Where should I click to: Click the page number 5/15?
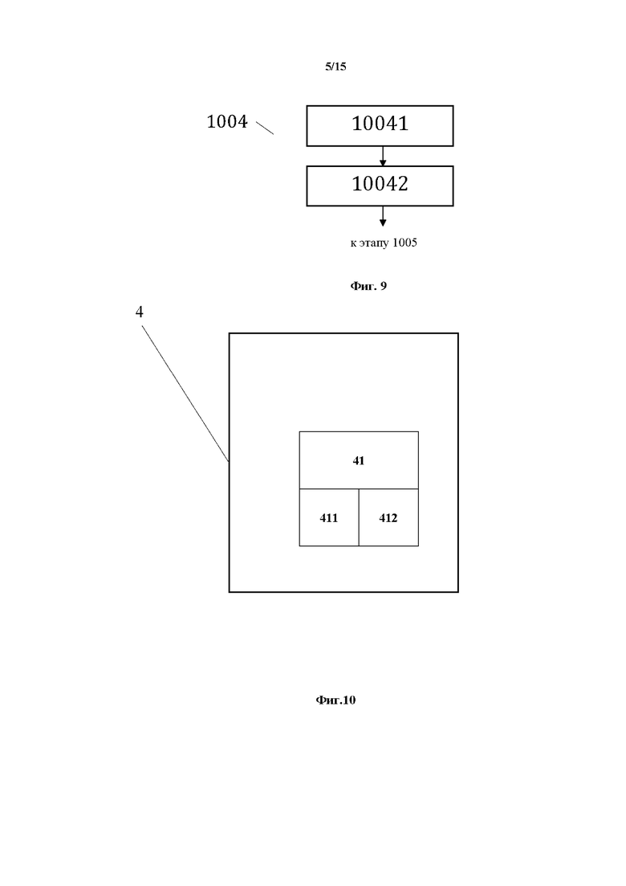(335, 67)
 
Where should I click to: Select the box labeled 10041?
(380, 125)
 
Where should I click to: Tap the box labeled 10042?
(380, 186)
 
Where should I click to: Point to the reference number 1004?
(227, 122)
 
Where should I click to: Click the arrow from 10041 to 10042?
(383, 157)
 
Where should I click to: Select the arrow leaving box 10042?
(383, 216)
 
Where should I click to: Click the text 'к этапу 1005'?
(384, 243)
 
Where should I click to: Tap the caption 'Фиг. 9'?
(368, 285)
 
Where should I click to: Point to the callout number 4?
(140, 312)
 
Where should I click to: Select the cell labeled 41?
(359, 460)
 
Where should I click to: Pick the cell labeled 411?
(329, 518)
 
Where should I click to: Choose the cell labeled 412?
(388, 518)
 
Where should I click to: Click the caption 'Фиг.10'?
(335, 700)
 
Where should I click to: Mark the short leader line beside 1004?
(265, 127)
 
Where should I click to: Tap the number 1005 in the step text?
(404, 243)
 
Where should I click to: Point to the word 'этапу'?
(374, 243)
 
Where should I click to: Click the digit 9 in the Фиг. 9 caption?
(383, 285)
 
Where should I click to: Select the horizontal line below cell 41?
(359, 488)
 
